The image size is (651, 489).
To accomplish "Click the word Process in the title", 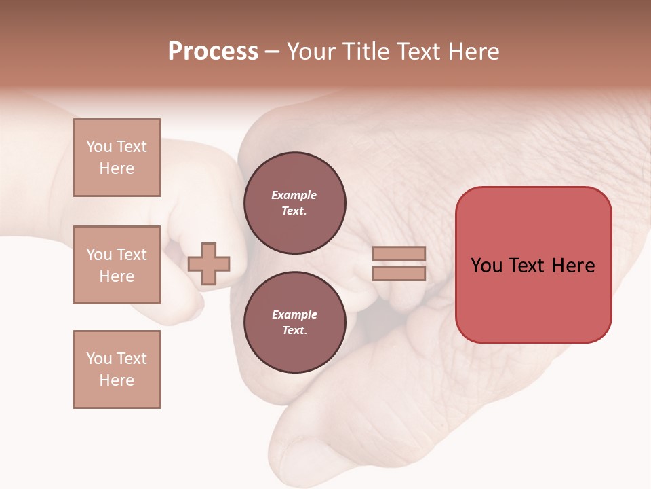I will [213, 52].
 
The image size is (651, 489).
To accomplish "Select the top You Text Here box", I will [117, 158].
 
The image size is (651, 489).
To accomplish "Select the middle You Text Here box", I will [117, 265].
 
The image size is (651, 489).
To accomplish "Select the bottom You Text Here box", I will [117, 369].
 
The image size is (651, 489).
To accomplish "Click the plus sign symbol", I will [209, 264].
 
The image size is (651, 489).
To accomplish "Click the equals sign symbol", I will [399, 264].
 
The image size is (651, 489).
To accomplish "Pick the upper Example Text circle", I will [294, 203].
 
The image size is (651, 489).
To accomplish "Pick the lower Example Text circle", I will [294, 322].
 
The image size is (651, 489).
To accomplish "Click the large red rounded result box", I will [533, 265].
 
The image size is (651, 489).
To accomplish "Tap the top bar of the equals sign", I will [399, 254].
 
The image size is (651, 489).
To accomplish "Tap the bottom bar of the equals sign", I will [399, 273].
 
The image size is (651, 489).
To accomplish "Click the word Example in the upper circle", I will [294, 196].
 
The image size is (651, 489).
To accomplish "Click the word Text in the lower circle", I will [294, 331].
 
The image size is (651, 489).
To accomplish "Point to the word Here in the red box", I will [573, 266].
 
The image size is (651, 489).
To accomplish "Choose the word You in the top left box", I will [99, 147].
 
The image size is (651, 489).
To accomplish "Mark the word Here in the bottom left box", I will [117, 380].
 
